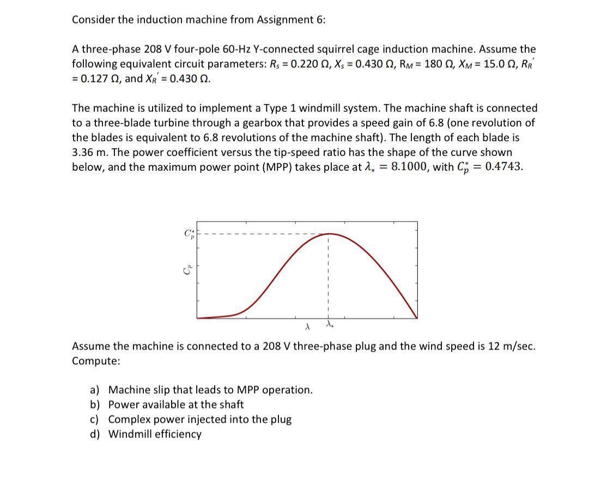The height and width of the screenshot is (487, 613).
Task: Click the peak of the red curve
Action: coord(329,234)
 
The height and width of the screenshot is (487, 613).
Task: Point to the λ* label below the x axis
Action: coord(329,325)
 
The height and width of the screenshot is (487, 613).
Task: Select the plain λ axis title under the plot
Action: coord(307,327)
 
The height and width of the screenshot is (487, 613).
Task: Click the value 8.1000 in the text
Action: coord(410,167)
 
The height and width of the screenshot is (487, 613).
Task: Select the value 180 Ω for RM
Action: coord(429,64)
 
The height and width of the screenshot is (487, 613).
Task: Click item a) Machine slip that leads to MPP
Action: coord(210,390)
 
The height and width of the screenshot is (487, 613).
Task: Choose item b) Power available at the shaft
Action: coord(175,405)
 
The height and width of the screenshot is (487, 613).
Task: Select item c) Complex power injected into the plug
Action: coord(199,419)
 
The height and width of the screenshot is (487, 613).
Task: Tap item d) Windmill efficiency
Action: coord(155,434)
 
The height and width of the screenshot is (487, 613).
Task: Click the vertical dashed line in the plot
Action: coord(329,278)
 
